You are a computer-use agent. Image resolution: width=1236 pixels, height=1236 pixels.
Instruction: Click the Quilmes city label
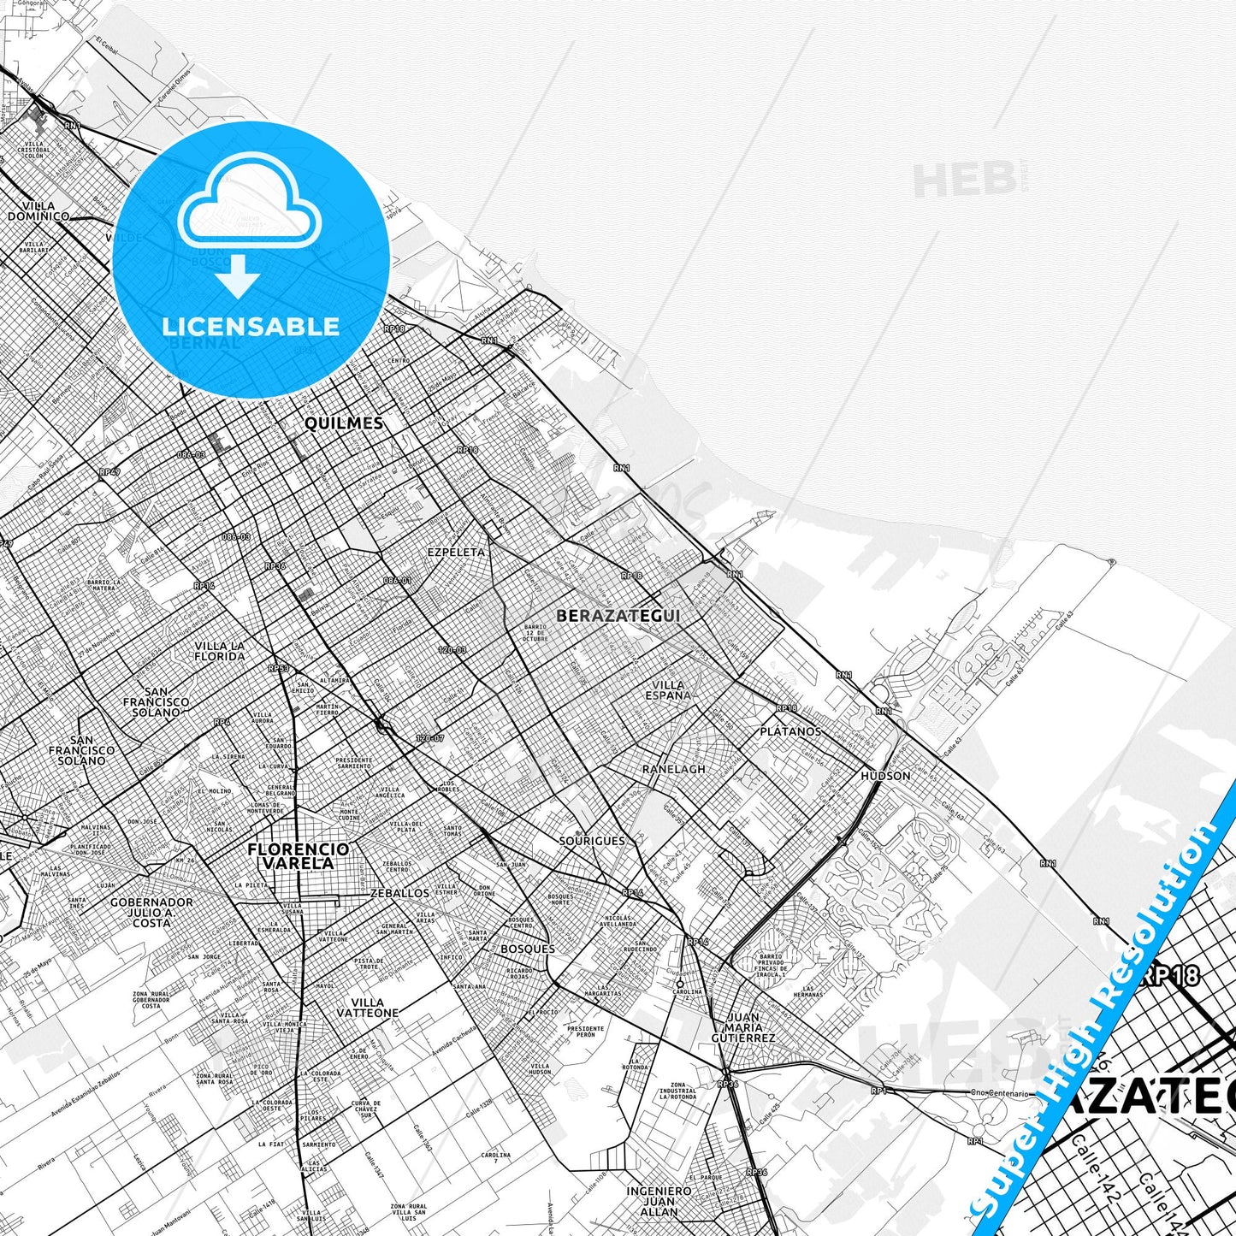point(344,423)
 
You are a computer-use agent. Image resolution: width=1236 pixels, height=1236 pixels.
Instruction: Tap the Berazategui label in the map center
point(618,616)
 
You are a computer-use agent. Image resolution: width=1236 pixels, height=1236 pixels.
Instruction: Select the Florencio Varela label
point(298,856)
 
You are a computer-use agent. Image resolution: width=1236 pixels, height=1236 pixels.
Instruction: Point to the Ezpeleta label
point(456,553)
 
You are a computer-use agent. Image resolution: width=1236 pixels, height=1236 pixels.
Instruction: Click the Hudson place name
point(885,776)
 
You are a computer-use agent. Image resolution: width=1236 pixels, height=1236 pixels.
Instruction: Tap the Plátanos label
point(790,732)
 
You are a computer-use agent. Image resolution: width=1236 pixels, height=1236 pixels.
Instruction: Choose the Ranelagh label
point(674,769)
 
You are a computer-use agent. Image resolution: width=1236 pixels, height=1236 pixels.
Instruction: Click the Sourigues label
point(592,841)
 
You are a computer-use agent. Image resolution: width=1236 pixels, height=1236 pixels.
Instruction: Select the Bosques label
point(528,949)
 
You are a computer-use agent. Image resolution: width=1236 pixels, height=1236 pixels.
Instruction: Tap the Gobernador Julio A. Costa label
point(151,913)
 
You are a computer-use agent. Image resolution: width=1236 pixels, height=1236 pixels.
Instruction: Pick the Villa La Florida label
point(219,652)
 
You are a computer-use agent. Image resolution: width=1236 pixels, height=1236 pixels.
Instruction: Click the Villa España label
point(668,690)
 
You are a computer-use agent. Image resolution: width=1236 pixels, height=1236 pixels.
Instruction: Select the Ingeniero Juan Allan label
point(659,1201)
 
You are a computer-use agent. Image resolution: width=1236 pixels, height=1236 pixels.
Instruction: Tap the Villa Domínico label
point(38,211)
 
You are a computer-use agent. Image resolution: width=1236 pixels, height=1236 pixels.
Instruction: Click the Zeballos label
point(400,893)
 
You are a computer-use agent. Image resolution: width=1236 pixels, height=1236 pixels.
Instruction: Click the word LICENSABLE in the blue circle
point(251,327)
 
